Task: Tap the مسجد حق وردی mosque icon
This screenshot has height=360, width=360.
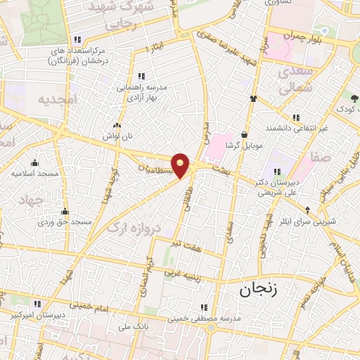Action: pyautogui.click(x=65, y=210)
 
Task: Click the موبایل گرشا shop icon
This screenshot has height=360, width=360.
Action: pyautogui.click(x=244, y=134)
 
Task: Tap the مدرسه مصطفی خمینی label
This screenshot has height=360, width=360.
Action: pyautogui.click(x=202, y=318)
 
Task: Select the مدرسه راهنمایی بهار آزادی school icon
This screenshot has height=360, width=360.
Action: pyautogui.click(x=141, y=76)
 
